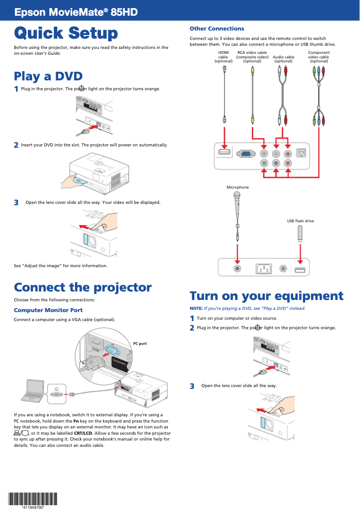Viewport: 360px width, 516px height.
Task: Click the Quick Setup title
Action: [x=66, y=33]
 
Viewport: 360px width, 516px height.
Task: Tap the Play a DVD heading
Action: [x=48, y=76]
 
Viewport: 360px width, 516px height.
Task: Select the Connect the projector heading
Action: [x=83, y=287]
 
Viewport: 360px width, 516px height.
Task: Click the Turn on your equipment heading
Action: [x=266, y=296]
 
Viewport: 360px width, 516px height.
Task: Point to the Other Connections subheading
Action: [x=217, y=29]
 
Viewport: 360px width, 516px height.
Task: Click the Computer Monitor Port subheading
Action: [x=48, y=310]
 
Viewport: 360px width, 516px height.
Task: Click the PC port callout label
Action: [x=140, y=344]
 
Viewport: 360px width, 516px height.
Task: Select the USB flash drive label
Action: [x=300, y=221]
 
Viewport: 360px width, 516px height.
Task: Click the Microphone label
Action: [x=237, y=187]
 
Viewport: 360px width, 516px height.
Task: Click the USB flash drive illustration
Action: [x=300, y=233]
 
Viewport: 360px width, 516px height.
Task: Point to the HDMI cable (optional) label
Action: [x=223, y=57]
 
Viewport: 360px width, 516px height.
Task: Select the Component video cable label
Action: [x=319, y=57]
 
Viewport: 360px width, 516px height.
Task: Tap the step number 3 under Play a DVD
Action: [x=16, y=203]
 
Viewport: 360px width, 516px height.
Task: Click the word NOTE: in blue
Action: [x=196, y=309]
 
